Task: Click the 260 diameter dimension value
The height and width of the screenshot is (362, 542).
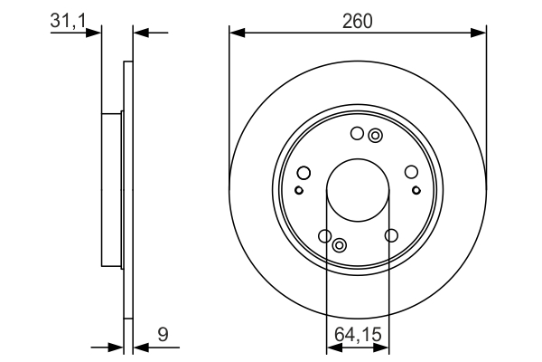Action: pyautogui.click(x=358, y=19)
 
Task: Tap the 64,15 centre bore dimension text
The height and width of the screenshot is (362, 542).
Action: pyautogui.click(x=358, y=335)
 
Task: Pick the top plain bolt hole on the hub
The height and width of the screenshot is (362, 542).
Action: pyautogui.click(x=357, y=135)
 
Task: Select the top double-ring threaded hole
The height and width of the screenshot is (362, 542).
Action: pyautogui.click(x=376, y=136)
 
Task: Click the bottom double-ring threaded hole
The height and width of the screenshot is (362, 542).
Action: pyautogui.click(x=340, y=245)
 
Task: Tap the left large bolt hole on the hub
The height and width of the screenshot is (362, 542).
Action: pyautogui.click(x=304, y=173)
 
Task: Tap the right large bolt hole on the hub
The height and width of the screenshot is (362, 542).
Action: pyautogui.click(x=412, y=173)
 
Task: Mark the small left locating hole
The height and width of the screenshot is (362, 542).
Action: pyautogui.click(x=299, y=190)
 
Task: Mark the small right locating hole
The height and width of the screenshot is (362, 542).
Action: pyautogui.click(x=416, y=190)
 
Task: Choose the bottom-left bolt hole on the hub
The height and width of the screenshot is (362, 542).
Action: pyautogui.click(x=325, y=236)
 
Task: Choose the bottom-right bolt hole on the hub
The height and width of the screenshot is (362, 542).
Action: pyautogui.click(x=391, y=236)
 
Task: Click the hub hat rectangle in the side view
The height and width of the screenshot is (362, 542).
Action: pyautogui.click(x=111, y=190)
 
